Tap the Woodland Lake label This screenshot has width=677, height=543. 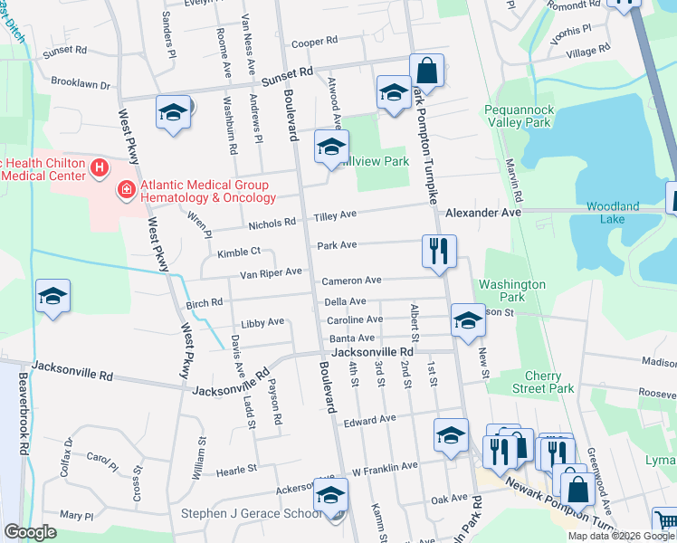[x=613, y=212]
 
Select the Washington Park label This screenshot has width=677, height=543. [x=512, y=291]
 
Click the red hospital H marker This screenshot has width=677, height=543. [x=99, y=168]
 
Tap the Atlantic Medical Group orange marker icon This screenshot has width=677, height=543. [x=128, y=190]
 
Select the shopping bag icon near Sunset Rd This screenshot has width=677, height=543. [x=426, y=71]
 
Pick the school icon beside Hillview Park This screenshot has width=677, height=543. [x=331, y=147]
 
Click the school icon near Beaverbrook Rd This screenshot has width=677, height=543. [x=52, y=296]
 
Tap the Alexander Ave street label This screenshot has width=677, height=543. [x=483, y=212]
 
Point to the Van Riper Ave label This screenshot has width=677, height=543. [x=271, y=272]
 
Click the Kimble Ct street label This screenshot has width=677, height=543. [x=238, y=251]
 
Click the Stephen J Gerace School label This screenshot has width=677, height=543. [x=251, y=514]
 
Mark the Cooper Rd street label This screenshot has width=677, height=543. [x=314, y=42]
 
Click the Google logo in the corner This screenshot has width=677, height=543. [x=30, y=532]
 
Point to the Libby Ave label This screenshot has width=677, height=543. [x=262, y=321]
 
